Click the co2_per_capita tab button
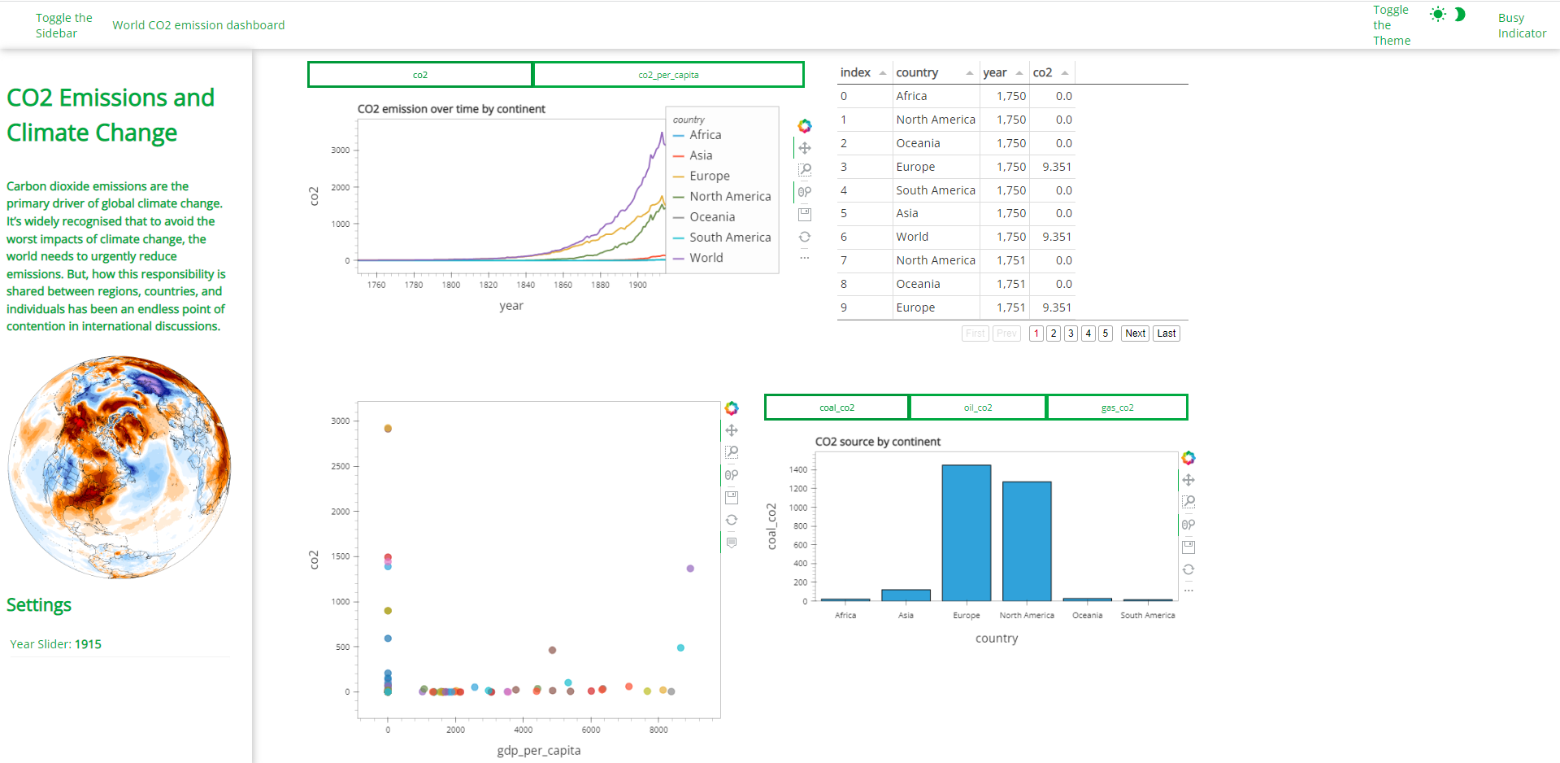pos(668,75)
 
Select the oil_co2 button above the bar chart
pos(977,408)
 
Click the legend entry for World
pos(706,258)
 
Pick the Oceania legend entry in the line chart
pos(711,217)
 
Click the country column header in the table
pos(917,72)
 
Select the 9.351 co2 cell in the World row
pos(1056,237)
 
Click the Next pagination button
pos(1135,334)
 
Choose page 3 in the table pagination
pos(1071,334)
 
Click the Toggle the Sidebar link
pos(63,25)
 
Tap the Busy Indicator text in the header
pos(1522,25)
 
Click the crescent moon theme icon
pos(1460,15)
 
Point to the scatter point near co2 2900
pos(388,429)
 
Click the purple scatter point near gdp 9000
pos(690,569)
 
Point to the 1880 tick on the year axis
pos(600,285)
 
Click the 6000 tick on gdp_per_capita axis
pos(591,730)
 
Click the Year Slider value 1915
pos(88,644)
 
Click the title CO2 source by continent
pos(877,442)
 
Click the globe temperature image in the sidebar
pos(119,467)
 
